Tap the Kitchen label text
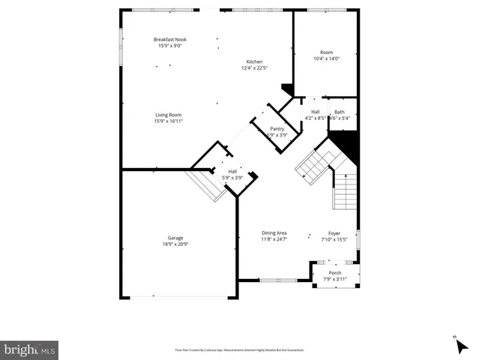point(255,61)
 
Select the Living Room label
point(168,115)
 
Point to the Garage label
point(175,238)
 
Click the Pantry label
point(277,129)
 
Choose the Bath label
point(340,112)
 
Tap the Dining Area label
point(274,232)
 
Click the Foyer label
point(334,232)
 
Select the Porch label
point(335,273)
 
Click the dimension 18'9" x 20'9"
point(175,244)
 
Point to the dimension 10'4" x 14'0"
point(326,58)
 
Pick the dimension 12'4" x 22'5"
point(255,68)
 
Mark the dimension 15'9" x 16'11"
point(168,121)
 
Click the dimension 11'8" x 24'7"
point(274,239)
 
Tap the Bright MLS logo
point(30,349)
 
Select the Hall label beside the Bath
point(316,112)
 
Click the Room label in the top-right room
point(326,52)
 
